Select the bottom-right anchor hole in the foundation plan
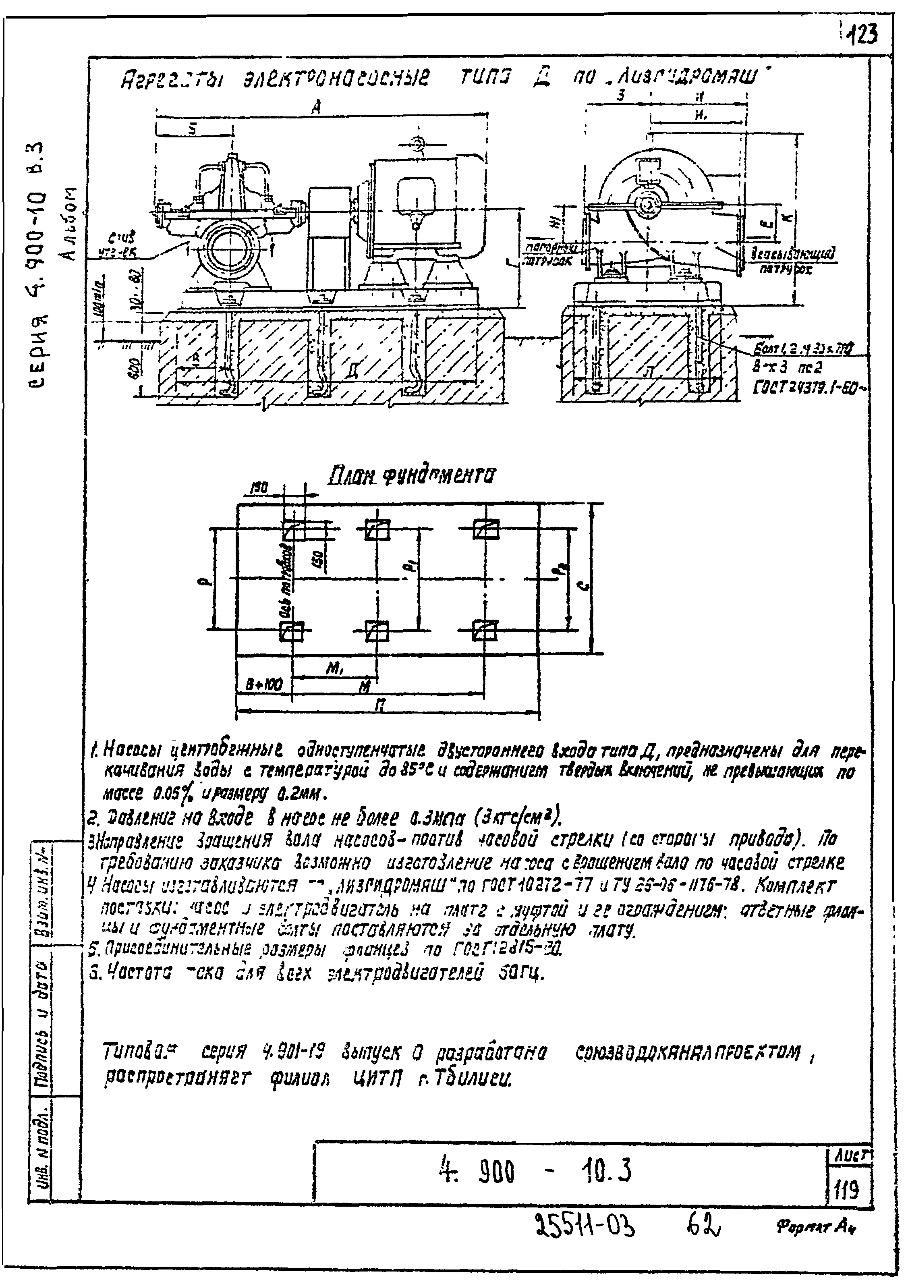(484, 630)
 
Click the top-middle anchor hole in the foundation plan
(377, 529)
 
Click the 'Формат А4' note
(816, 1242)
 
